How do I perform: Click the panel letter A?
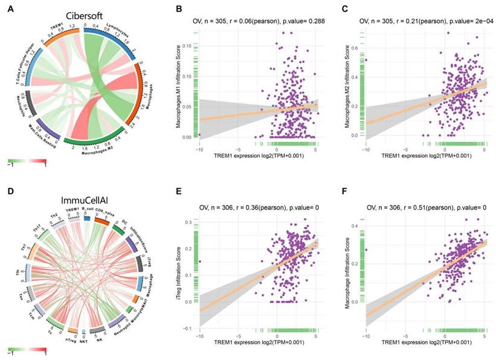pyautogui.click(x=10, y=9)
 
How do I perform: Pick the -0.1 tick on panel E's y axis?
pyautogui.click(x=188, y=329)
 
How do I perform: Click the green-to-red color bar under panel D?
pyautogui.click(x=27, y=349)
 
